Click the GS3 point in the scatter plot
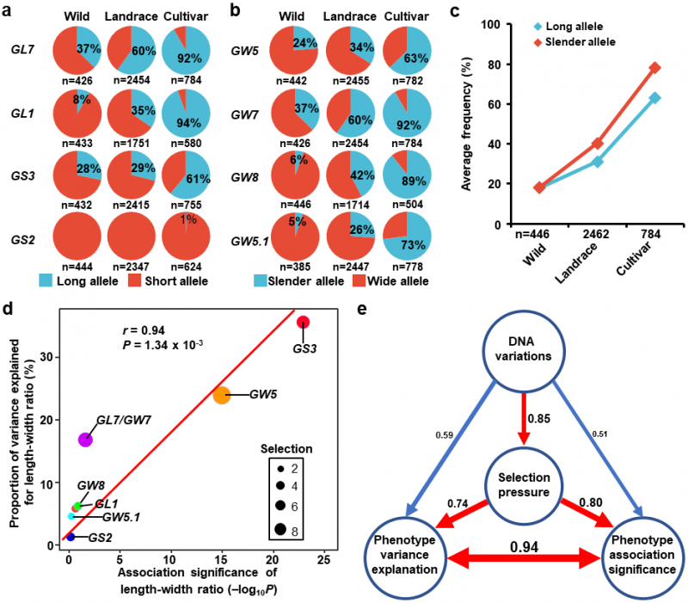coord(303,323)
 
